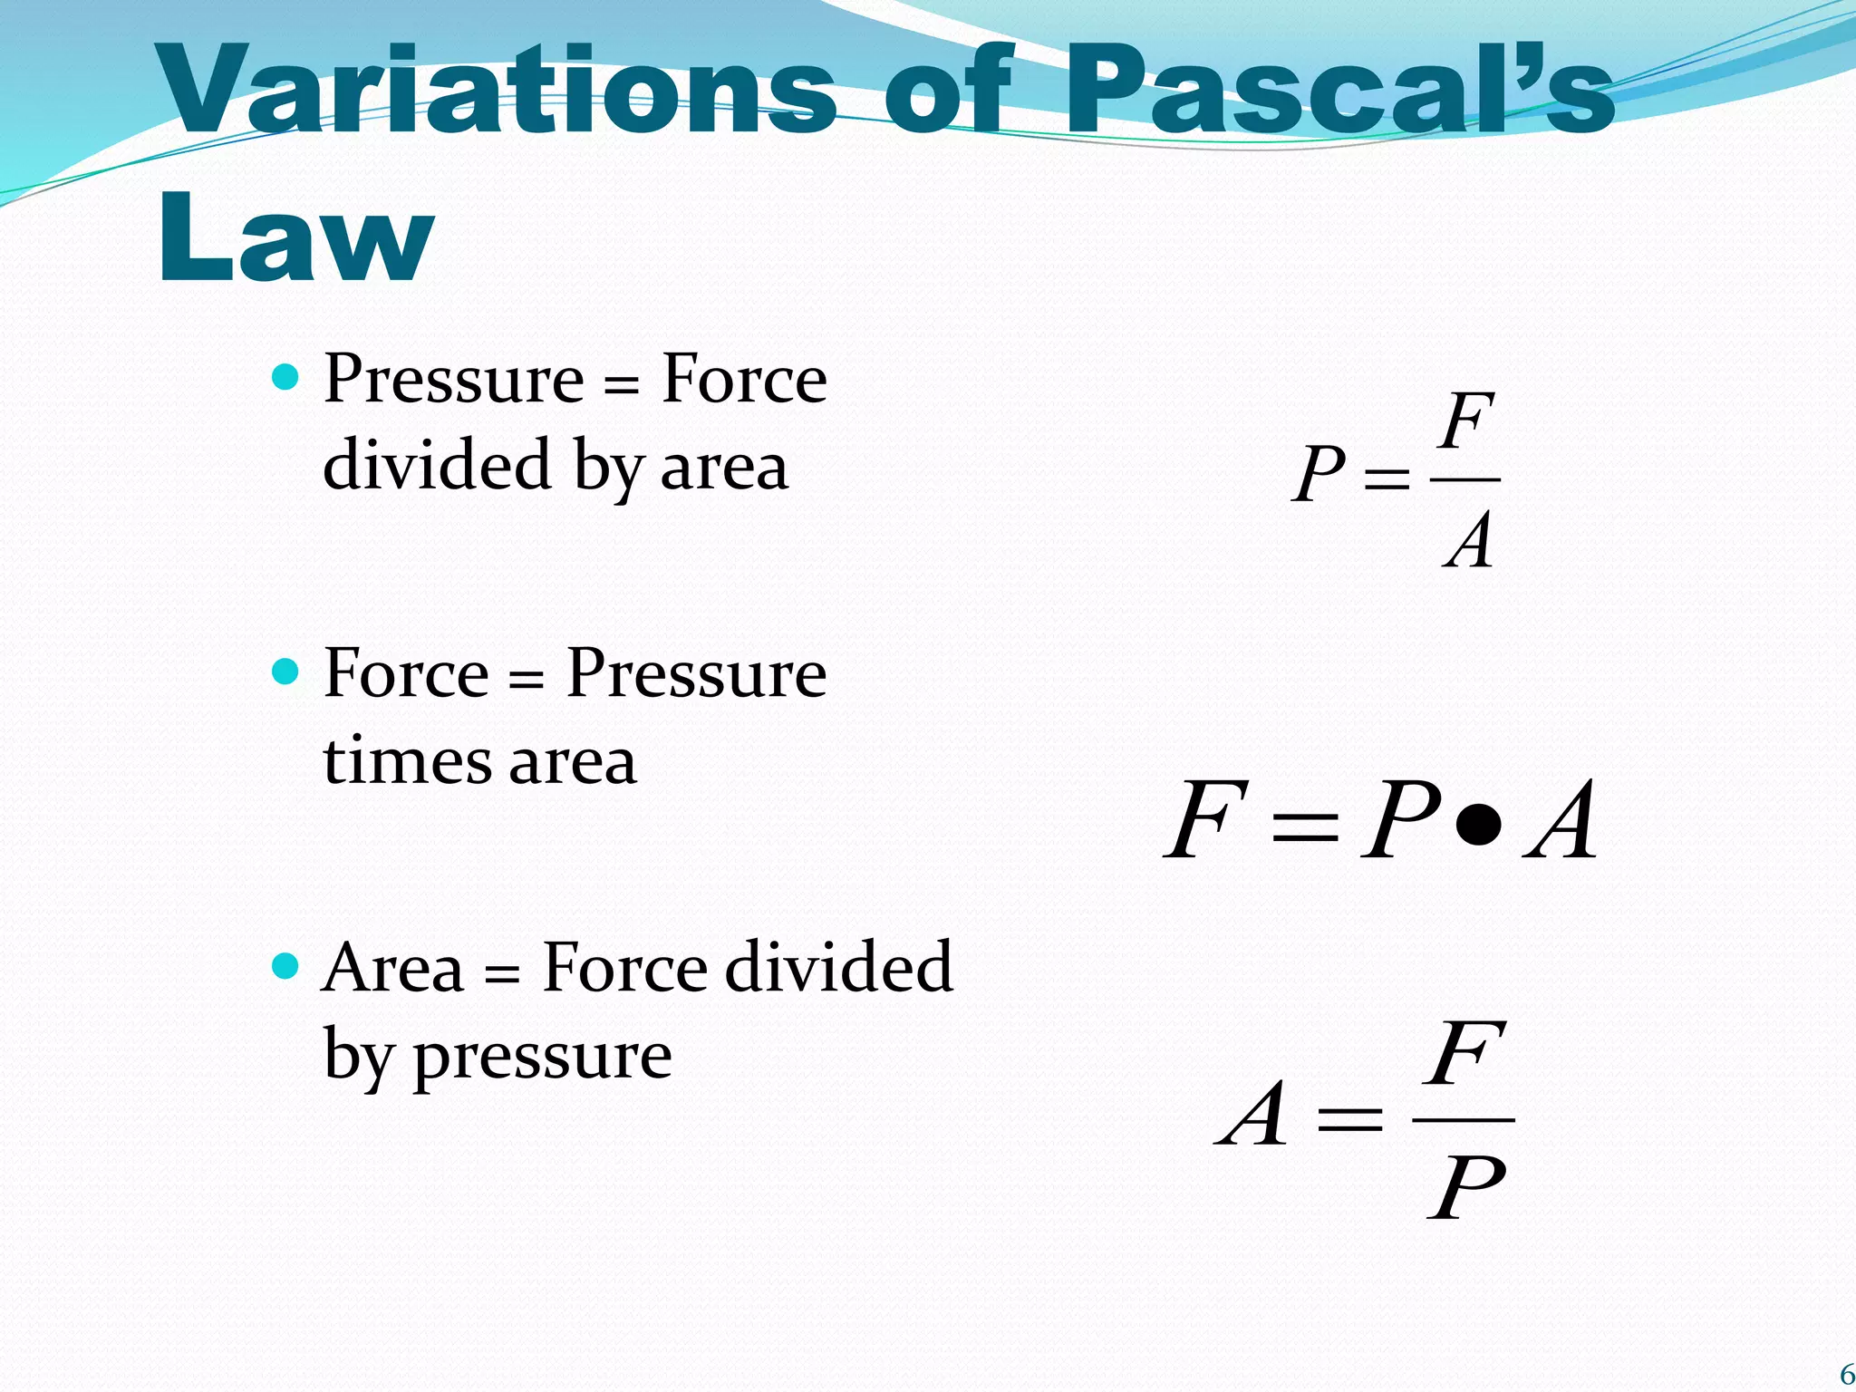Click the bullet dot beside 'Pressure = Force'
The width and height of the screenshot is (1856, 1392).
[285, 376]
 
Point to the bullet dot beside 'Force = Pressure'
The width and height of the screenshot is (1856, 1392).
[285, 672]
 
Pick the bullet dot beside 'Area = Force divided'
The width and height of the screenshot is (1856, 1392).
[285, 966]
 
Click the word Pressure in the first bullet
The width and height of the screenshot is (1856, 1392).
[454, 379]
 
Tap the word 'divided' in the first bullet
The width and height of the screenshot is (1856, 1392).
[438, 465]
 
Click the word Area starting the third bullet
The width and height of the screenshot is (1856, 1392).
[392, 968]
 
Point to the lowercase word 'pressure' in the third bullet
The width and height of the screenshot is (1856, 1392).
[543, 1057]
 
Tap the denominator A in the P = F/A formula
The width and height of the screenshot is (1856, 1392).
[1469, 540]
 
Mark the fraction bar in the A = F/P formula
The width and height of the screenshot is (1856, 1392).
[1464, 1120]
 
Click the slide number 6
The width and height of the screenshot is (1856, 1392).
[1846, 1375]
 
